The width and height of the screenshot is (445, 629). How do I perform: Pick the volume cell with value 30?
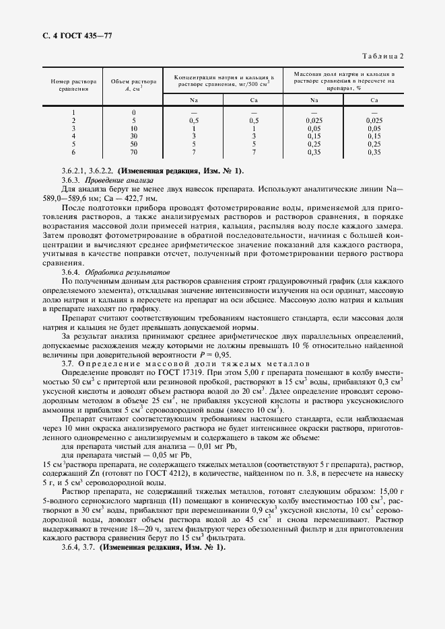tap(134, 136)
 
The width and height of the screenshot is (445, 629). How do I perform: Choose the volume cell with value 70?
tap(134, 152)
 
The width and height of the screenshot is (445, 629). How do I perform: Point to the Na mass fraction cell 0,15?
tap(314, 136)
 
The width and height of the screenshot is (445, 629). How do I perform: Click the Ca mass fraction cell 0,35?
tap(374, 152)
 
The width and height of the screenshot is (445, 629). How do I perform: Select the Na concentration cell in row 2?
tap(193, 120)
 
